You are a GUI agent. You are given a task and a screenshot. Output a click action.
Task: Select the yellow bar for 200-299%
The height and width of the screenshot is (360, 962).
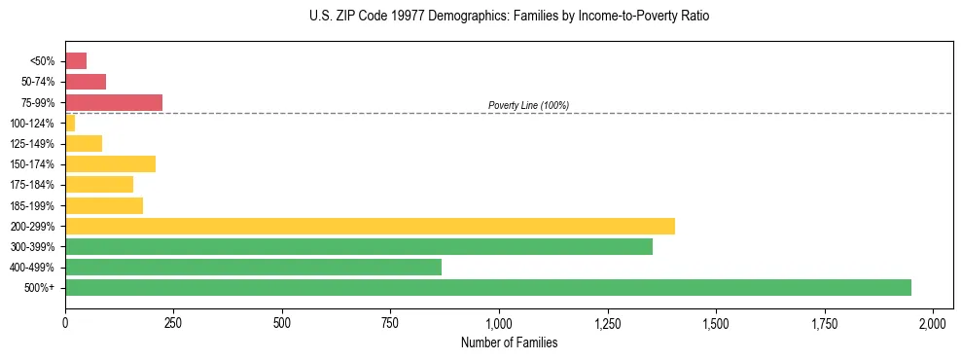[370, 226]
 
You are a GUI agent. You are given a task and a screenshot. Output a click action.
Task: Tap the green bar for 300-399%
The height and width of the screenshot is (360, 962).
[359, 246]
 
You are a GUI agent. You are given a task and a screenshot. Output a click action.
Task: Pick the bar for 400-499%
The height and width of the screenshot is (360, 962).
[253, 267]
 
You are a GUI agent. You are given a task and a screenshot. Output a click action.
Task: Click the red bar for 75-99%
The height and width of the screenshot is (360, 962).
[114, 102]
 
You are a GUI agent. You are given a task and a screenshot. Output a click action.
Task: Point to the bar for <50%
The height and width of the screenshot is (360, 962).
[76, 61]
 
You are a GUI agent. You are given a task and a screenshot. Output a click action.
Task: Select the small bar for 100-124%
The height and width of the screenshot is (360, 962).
[70, 123]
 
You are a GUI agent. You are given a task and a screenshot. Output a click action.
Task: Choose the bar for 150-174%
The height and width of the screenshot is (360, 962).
[110, 163]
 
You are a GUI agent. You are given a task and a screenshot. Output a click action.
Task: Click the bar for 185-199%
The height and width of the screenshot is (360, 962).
[104, 205]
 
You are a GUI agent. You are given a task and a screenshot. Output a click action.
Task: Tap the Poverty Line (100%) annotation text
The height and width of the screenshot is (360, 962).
[528, 105]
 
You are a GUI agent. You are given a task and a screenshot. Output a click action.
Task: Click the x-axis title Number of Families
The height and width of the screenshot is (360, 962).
[509, 342]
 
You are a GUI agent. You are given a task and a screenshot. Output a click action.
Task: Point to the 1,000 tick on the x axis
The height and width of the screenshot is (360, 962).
[499, 322]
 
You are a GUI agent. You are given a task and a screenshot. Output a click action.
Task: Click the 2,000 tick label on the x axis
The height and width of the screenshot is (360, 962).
[933, 322]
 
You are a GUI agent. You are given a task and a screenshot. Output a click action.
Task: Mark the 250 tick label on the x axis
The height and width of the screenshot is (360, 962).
[173, 322]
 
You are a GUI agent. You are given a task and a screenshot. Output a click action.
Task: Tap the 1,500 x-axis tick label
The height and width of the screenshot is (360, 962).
[716, 322]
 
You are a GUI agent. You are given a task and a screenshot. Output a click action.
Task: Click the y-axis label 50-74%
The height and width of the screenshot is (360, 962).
[40, 82]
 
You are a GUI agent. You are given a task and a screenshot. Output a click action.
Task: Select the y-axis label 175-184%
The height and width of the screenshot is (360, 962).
[37, 185]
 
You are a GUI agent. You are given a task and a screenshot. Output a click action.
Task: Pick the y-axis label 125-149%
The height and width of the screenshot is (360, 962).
[37, 144]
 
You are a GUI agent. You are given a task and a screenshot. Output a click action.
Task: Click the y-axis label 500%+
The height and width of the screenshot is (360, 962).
[43, 288]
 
